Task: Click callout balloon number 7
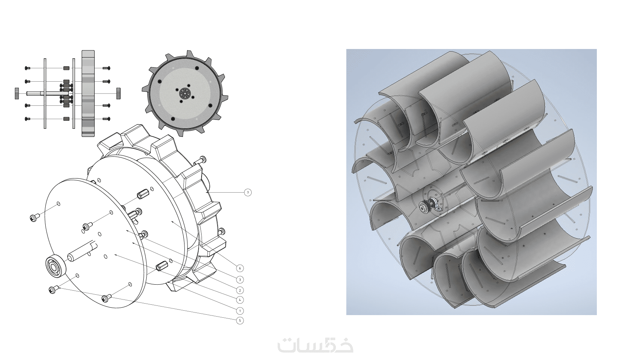tap(248, 193)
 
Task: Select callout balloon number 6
tap(240, 268)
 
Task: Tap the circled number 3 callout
tap(240, 280)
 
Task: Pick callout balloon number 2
tap(240, 291)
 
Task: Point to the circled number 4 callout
tap(240, 300)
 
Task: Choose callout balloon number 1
tap(240, 311)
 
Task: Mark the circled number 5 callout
tap(240, 321)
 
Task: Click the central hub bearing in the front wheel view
tap(185, 93)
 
